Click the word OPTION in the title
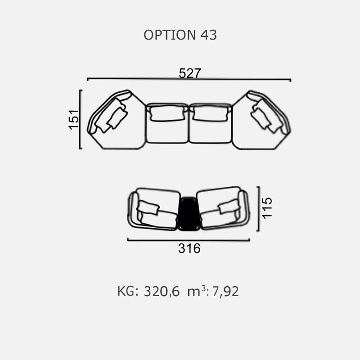pyautogui.click(x=170, y=35)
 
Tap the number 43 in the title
pyautogui.click(x=209, y=35)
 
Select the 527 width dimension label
pyautogui.click(x=189, y=73)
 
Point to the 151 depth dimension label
pyautogui.click(x=74, y=119)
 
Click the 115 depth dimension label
pyautogui.click(x=267, y=208)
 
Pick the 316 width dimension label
pyautogui.click(x=189, y=248)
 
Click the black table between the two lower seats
pyautogui.click(x=189, y=213)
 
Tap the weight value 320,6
pyautogui.click(x=162, y=292)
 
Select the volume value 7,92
pyautogui.click(x=225, y=292)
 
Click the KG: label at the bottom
pyautogui.click(x=128, y=291)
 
